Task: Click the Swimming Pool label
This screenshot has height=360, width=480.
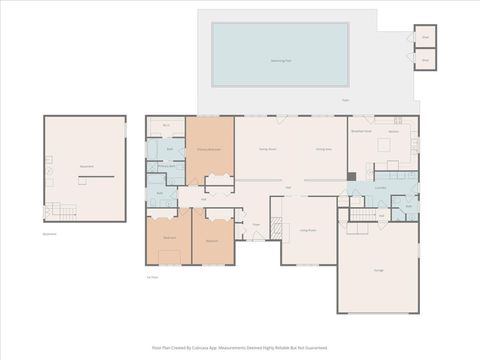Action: point(280,60)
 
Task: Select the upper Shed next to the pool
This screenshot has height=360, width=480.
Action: point(425,37)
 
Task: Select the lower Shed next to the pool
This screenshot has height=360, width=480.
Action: point(425,60)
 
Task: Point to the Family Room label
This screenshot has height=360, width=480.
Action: point(268,149)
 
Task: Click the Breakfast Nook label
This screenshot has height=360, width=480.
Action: point(361,131)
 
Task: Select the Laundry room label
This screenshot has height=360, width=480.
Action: point(381,187)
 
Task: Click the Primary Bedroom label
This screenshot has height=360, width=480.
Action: point(208,149)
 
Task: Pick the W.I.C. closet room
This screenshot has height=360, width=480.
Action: point(166,125)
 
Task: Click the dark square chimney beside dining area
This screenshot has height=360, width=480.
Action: point(351,177)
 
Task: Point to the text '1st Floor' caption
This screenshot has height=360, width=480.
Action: point(153,278)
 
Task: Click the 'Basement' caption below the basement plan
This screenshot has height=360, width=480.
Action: point(50,234)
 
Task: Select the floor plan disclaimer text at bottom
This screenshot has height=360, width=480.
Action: point(240,347)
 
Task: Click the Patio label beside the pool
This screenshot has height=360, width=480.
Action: point(345,100)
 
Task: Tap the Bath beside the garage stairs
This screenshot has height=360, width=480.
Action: point(409,208)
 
